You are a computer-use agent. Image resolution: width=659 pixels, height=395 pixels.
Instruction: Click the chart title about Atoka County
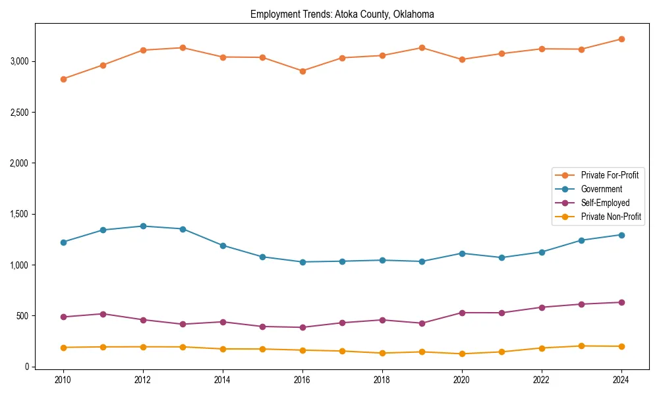[x=342, y=14]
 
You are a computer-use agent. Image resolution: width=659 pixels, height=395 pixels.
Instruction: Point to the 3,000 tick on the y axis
[x=19, y=61]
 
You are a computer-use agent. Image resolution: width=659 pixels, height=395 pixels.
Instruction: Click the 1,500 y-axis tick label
[x=19, y=214]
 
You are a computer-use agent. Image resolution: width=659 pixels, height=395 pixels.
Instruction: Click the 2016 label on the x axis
[x=302, y=380]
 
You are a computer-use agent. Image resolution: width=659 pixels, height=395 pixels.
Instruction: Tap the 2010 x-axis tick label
[x=63, y=380]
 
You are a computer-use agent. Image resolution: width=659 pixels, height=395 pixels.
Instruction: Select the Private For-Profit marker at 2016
[x=302, y=71]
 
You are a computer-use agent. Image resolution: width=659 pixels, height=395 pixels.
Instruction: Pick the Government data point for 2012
[x=143, y=226]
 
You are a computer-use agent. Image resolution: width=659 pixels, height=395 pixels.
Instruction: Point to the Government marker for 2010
[x=63, y=242]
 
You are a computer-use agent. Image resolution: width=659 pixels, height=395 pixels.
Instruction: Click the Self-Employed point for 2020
[x=462, y=313]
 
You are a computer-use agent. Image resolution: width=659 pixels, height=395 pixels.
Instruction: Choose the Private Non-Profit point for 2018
[x=382, y=353]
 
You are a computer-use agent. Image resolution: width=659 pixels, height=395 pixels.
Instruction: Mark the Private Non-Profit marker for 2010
[x=63, y=348]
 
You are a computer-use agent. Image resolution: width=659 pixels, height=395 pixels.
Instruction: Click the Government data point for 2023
[x=581, y=240]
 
